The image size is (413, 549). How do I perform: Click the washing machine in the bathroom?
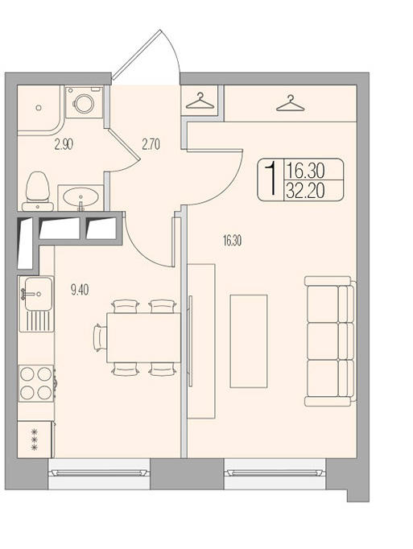[84, 102]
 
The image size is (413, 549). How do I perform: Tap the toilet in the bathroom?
[38, 191]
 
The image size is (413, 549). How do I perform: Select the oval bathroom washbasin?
[81, 197]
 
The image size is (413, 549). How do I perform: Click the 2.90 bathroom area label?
[64, 144]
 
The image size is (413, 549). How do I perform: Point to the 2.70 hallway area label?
[151, 144]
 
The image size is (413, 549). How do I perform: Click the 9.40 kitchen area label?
[80, 290]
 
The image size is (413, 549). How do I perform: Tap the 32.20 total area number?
[305, 191]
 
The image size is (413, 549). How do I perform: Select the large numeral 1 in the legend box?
[271, 180]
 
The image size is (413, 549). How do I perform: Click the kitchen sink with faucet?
[36, 303]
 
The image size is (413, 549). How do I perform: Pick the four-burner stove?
[36, 383]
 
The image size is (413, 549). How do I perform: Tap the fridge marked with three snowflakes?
[35, 440]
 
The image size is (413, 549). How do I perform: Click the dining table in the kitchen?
[143, 338]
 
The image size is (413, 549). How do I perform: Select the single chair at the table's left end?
[100, 338]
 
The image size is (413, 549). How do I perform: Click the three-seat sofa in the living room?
[330, 341]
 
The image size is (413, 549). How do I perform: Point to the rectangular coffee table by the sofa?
[248, 341]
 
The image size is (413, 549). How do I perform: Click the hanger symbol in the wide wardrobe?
[290, 103]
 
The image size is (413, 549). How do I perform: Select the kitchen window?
[99, 473]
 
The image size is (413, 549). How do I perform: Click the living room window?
[275, 473]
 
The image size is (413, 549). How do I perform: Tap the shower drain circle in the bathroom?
[39, 108]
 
